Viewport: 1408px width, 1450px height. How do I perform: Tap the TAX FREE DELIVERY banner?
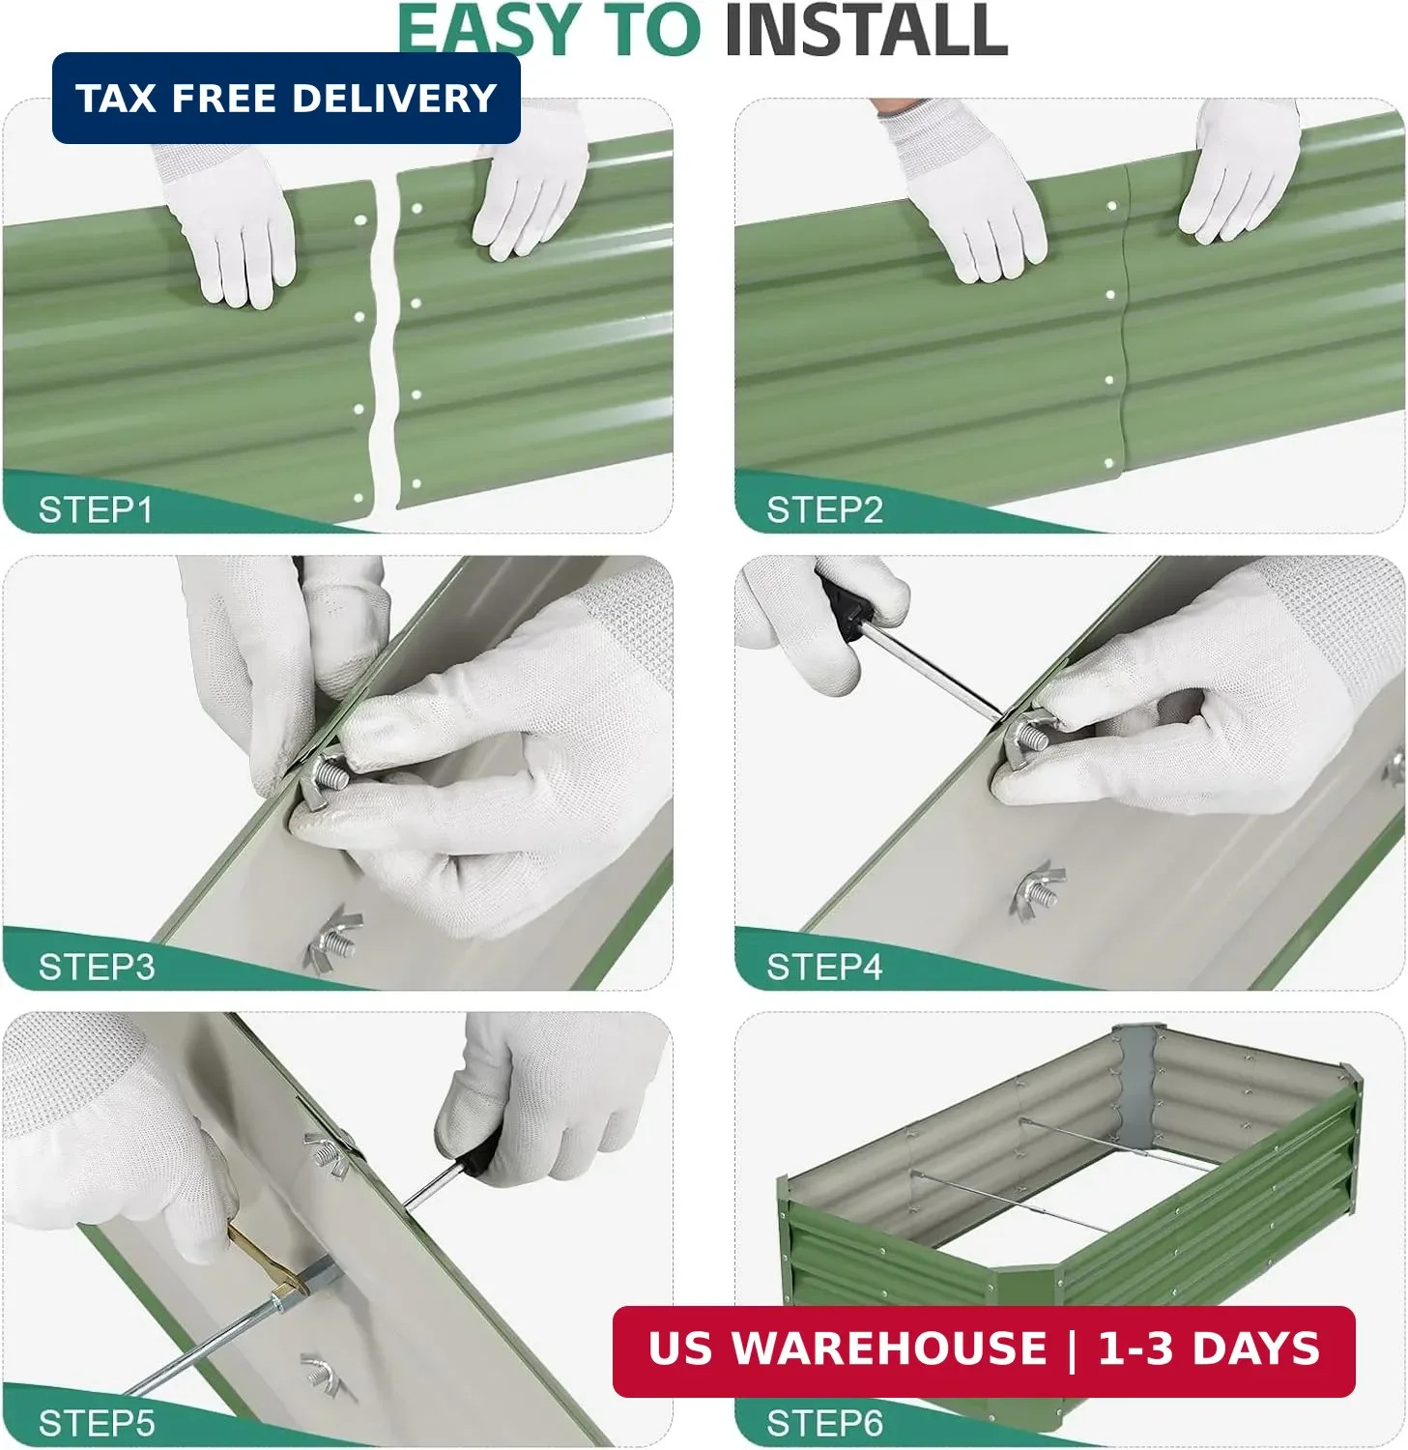click(286, 98)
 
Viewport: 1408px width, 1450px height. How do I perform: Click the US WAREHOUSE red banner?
click(984, 1350)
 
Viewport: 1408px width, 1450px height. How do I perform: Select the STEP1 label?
click(96, 509)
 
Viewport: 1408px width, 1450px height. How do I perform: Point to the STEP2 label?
click(824, 509)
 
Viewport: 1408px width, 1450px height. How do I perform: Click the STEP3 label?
click(96, 967)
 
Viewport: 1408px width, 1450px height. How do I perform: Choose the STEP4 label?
click(824, 967)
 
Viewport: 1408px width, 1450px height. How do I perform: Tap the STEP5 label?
click(96, 1423)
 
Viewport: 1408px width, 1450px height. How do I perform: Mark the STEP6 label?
click(824, 1423)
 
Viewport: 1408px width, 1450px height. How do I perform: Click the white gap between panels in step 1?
click(385, 343)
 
